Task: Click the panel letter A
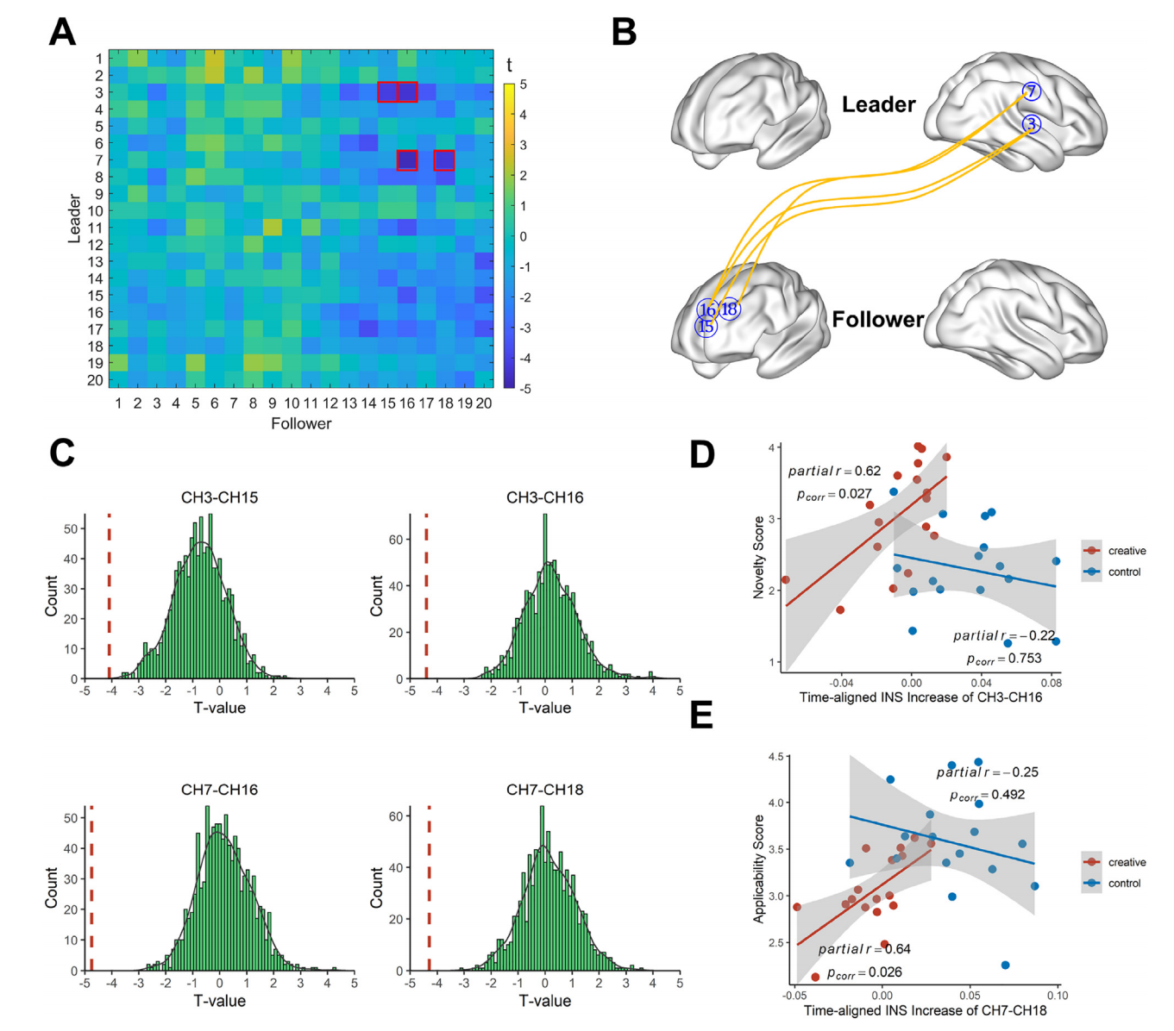[x=62, y=32]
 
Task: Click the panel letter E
[x=702, y=715]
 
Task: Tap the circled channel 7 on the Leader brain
[x=1031, y=92]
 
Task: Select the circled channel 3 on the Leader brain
[x=1031, y=125]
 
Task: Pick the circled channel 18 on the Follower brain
[x=729, y=309]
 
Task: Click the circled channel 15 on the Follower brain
[x=706, y=327]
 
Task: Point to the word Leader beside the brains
[x=878, y=105]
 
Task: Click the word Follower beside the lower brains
[x=877, y=320]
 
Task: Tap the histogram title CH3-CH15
[x=219, y=497]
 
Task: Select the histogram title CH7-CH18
[x=544, y=790]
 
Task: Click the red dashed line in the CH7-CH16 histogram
[x=91, y=888]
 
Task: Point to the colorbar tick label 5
[x=523, y=85]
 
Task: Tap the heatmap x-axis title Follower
[x=301, y=423]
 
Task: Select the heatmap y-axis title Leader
[x=74, y=219]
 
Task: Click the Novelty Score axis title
[x=759, y=557]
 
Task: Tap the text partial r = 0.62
[x=834, y=472]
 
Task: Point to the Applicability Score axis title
[x=759, y=869]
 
